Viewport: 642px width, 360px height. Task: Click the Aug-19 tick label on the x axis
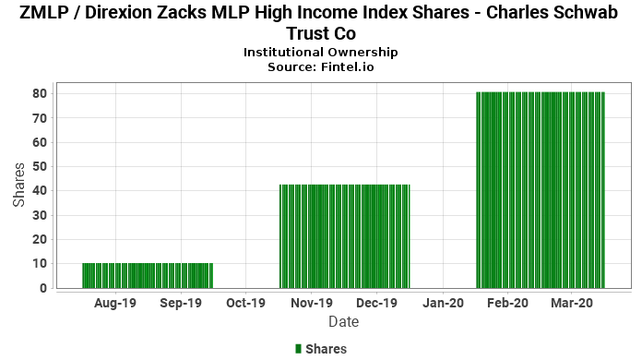point(115,303)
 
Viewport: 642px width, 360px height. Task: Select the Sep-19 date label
point(181,303)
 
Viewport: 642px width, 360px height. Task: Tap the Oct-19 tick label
point(245,303)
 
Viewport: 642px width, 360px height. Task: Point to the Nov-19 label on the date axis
point(312,303)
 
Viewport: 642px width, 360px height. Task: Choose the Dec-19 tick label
point(376,303)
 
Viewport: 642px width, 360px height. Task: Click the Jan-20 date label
point(443,303)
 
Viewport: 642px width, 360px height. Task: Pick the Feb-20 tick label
point(507,303)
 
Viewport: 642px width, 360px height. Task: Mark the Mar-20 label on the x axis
point(572,303)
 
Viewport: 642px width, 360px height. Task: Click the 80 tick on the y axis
point(41,94)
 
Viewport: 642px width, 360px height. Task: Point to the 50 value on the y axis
point(41,167)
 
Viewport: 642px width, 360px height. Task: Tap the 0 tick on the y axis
point(43,288)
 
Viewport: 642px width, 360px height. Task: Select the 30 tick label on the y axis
point(41,215)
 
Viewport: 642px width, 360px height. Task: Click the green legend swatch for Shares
point(298,349)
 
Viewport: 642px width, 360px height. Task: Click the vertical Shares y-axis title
point(18,185)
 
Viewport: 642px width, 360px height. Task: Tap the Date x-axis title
point(343,322)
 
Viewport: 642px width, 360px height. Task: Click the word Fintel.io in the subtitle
point(348,67)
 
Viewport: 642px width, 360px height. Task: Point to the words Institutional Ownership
point(321,53)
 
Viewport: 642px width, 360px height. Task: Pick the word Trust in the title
point(307,33)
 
